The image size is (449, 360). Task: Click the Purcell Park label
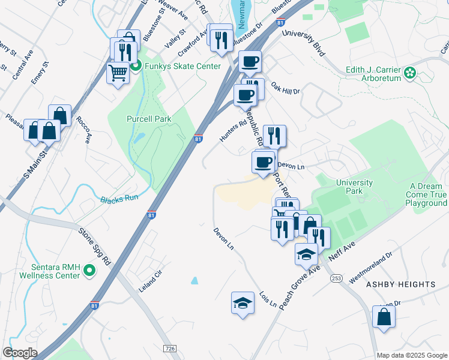pyautogui.click(x=149, y=119)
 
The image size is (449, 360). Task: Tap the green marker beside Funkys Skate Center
pyautogui.click(x=136, y=66)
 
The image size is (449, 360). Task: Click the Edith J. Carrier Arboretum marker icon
pyautogui.click(x=410, y=74)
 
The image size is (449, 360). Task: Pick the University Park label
pyautogui.click(x=354, y=187)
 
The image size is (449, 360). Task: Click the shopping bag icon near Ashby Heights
pyautogui.click(x=384, y=317)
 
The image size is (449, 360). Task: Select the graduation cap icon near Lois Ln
pyautogui.click(x=243, y=302)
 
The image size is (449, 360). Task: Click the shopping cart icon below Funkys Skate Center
pyautogui.click(x=118, y=73)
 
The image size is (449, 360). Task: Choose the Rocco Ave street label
pyautogui.click(x=83, y=129)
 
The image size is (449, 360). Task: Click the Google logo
pyautogui.click(x=19, y=353)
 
